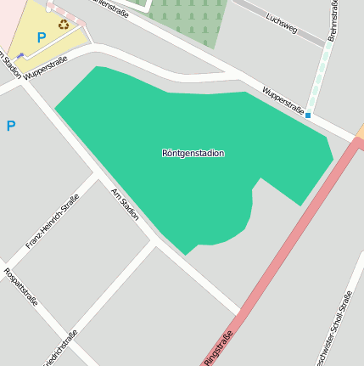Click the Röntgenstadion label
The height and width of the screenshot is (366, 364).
[193, 154]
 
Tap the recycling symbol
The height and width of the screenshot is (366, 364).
[64, 25]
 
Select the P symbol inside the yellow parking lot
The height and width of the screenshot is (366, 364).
[41, 37]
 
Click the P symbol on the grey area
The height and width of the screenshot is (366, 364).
[11, 127]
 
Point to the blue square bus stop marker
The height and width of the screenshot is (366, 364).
[308, 115]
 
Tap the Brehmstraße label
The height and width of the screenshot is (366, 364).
[333, 19]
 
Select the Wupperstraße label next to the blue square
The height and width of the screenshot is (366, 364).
[283, 100]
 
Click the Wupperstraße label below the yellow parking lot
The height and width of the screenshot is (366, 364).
[46, 69]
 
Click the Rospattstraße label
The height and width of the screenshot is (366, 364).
[21, 290]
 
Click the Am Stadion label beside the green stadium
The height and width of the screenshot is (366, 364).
[125, 204]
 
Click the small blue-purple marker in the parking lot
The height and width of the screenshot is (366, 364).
[20, 55]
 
